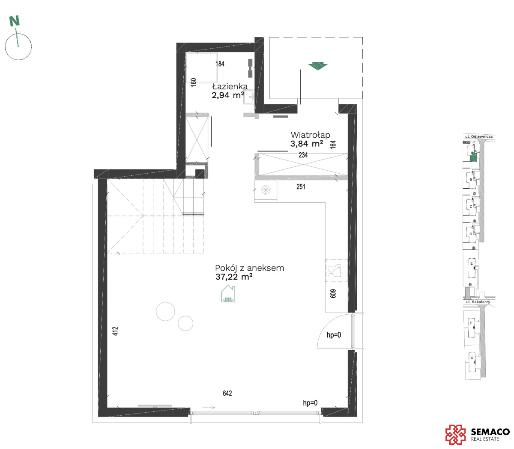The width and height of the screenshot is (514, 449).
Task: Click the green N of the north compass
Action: point(14,21)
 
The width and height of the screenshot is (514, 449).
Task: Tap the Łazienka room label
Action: point(230,86)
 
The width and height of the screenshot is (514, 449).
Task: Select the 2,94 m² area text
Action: point(228,95)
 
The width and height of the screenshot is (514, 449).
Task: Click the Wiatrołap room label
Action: point(310,135)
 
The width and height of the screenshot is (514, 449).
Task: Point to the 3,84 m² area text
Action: point(307,144)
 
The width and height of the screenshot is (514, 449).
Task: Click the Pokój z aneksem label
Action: point(249,268)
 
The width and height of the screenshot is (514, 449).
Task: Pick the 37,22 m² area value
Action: point(234,277)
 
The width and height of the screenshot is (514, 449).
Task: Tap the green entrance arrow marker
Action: point(318,66)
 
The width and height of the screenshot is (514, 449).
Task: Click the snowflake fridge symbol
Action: point(266,190)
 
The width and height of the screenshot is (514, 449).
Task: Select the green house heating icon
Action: point(228,294)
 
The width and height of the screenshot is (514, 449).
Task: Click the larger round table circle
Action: point(165,311)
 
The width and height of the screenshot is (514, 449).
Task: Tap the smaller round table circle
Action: point(185,323)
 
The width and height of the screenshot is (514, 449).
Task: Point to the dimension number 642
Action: point(227,393)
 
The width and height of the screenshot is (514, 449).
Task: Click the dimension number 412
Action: point(115,331)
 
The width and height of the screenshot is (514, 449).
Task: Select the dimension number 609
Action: point(333,294)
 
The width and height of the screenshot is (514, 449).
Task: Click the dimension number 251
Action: point(301,186)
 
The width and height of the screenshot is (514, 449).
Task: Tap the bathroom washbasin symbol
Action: point(249,97)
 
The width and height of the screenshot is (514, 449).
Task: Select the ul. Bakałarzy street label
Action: point(478,302)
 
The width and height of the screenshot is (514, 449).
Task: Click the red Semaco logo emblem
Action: point(455,434)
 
